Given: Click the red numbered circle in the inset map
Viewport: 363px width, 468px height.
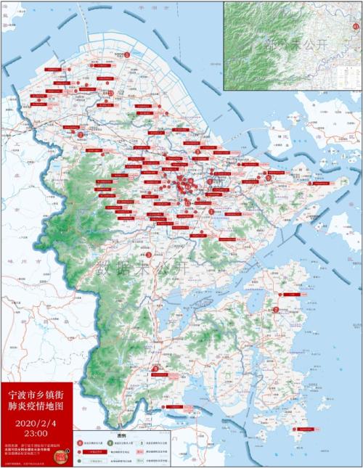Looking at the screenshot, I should (355, 26).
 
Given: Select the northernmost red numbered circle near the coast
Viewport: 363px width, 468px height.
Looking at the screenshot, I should (128, 54).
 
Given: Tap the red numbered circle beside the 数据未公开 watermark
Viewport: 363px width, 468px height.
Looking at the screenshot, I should (149, 255).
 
